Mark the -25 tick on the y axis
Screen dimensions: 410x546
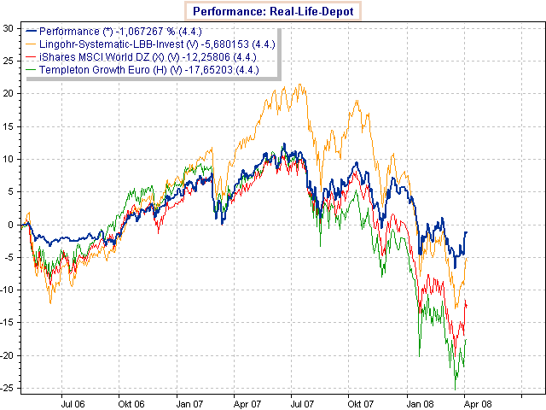(x=6, y=388)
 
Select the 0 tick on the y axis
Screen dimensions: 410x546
(x=10, y=225)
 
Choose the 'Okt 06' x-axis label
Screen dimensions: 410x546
(x=131, y=401)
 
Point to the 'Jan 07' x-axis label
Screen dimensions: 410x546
(x=189, y=401)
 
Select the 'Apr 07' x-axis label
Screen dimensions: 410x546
(x=246, y=401)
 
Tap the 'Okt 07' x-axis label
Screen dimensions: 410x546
(x=359, y=401)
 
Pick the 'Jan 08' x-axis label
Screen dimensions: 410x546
(x=417, y=401)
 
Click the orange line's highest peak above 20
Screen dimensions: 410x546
(x=299, y=84)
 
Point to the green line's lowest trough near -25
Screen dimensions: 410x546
(x=456, y=389)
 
